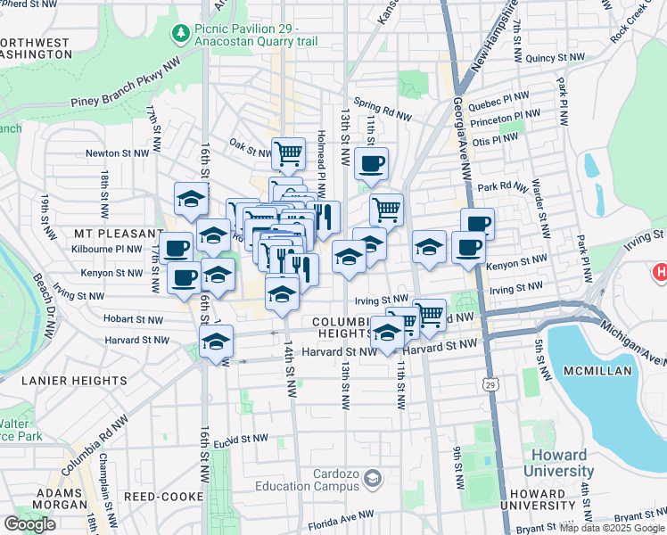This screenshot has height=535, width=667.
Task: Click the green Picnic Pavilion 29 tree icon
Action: click(181, 34)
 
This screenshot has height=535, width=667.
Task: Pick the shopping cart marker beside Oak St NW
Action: click(288, 153)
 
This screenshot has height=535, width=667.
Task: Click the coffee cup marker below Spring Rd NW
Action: click(371, 163)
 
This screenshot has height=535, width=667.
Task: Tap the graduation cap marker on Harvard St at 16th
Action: click(216, 342)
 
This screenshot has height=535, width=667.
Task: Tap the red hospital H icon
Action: click(660, 271)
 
